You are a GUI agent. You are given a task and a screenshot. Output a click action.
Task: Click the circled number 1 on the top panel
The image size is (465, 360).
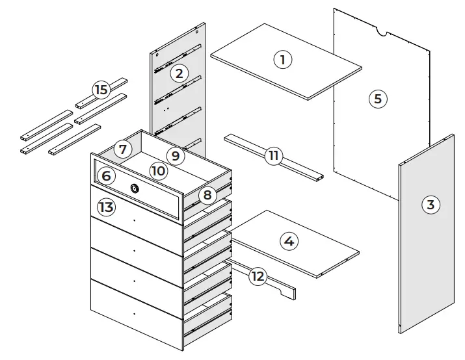[282, 60]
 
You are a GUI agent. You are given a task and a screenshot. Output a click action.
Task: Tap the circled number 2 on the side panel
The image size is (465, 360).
[180, 73]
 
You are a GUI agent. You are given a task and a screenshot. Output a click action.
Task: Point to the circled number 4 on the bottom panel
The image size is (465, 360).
[289, 241]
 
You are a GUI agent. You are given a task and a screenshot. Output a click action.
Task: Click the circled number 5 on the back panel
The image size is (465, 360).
[377, 99]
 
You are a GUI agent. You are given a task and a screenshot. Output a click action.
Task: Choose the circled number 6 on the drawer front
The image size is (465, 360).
[108, 175]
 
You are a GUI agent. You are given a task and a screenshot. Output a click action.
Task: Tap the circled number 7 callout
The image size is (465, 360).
[122, 149]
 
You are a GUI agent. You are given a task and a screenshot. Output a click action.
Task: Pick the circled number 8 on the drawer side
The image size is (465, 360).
[207, 195]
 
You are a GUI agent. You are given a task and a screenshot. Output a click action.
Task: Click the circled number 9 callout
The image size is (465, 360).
[174, 155]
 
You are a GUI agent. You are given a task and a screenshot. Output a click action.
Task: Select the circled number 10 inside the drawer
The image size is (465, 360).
[158, 170]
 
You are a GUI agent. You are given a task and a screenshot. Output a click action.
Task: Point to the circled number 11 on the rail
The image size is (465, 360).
[274, 155]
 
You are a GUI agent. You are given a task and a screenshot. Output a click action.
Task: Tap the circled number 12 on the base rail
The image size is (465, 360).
[258, 276]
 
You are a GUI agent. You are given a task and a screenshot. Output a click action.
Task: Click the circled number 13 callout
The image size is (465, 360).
[106, 207]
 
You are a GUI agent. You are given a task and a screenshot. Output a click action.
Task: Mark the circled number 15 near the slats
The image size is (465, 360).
[101, 90]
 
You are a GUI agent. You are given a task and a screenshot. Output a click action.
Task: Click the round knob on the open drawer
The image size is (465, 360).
[135, 188]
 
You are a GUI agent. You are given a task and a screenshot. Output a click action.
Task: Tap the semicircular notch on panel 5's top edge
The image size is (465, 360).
[382, 31]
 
